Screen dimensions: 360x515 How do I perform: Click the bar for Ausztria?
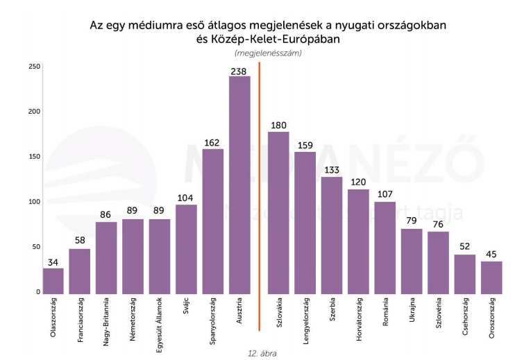(239, 185)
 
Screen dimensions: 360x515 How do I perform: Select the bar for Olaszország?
(53, 281)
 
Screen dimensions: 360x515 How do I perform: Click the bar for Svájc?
(186, 249)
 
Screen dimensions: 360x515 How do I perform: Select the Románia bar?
(385, 248)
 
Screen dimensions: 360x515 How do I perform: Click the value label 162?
(212, 143)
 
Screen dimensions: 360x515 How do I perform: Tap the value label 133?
(332, 170)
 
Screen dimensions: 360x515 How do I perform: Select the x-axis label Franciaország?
(81, 322)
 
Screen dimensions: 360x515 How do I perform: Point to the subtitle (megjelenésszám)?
(269, 53)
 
